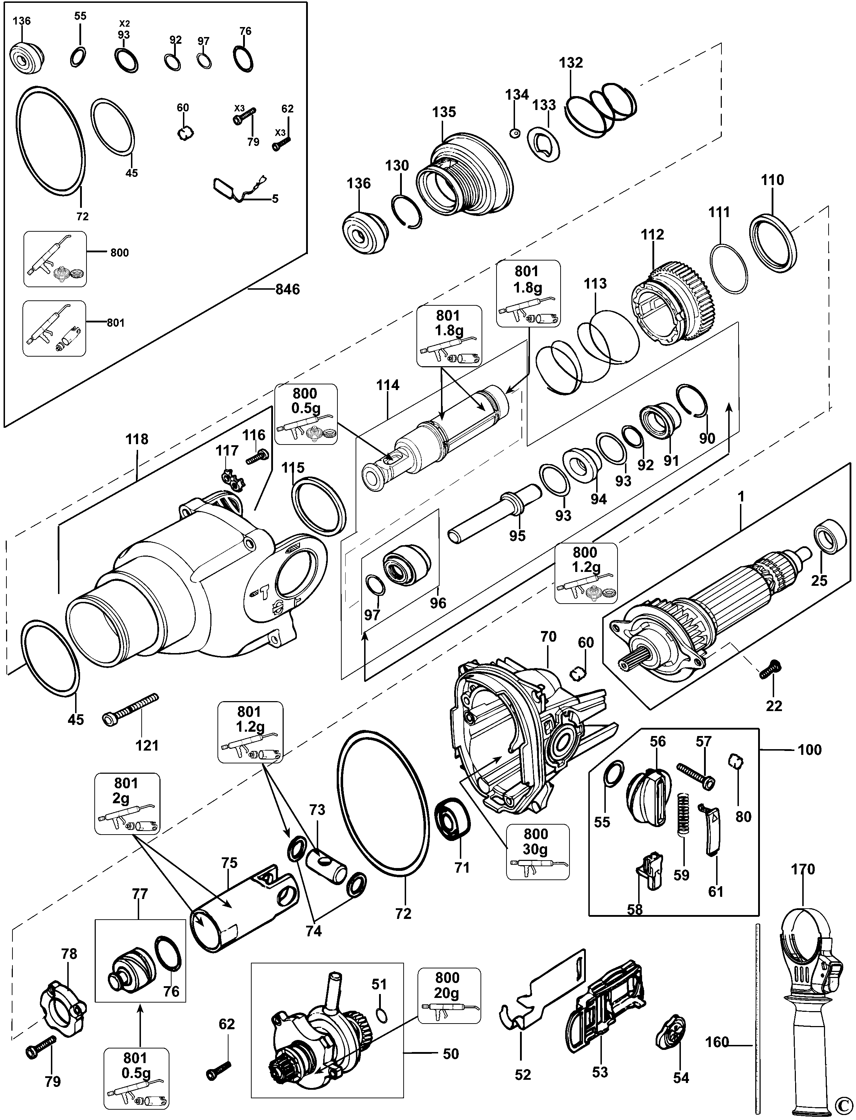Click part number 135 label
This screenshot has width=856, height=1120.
[444, 112]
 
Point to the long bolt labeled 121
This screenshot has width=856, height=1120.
[131, 708]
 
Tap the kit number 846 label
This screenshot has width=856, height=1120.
[287, 289]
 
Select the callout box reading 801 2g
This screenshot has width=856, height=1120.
[127, 804]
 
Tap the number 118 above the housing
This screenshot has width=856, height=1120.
[137, 439]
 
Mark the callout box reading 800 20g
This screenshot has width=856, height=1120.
[449, 989]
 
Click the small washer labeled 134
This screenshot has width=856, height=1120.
[514, 133]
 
